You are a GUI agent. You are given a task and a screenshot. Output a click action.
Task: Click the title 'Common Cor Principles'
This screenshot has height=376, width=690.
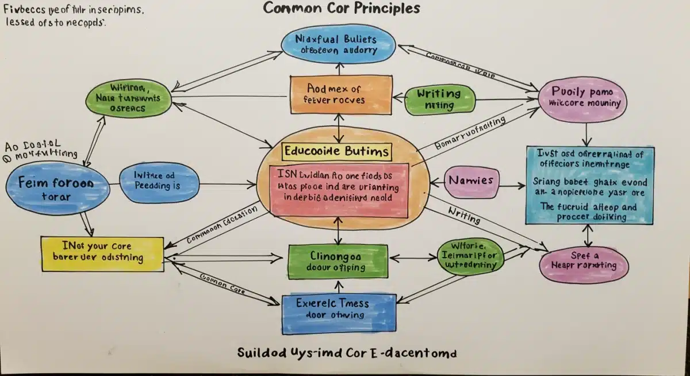[342, 9]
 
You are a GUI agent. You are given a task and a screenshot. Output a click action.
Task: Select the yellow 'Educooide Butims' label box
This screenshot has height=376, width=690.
[337, 152]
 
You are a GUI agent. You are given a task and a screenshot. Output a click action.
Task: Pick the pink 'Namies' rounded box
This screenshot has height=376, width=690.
[471, 181]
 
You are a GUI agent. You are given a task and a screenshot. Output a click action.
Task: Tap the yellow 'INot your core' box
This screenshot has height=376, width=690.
[98, 252]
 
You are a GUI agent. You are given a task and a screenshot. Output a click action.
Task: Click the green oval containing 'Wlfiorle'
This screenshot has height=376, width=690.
[471, 256]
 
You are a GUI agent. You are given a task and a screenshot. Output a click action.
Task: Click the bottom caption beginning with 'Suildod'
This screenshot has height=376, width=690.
[347, 352]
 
